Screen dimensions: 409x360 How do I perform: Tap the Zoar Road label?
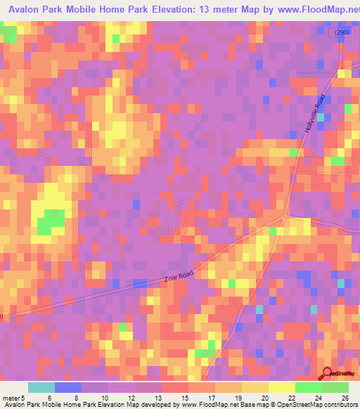[x=178, y=278]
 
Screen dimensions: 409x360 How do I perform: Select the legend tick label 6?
[x=49, y=397]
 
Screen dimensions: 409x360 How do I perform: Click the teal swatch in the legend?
[x=41, y=387]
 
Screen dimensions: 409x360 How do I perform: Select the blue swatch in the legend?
[x=68, y=387]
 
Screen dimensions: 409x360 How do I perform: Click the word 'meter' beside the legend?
[x=11, y=397]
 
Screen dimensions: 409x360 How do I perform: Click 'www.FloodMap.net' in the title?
[x=309, y=10]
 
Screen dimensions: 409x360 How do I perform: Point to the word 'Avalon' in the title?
[x=21, y=10]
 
